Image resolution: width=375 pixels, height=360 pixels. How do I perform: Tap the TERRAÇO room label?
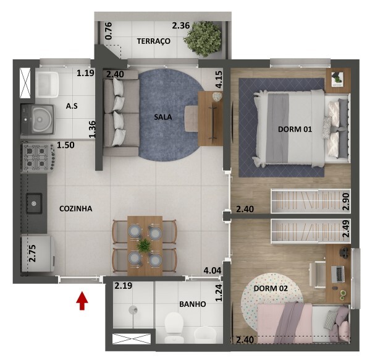[154, 41]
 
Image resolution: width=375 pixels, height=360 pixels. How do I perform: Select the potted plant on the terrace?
[203, 39]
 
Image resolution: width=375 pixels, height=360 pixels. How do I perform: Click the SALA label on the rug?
[163, 117]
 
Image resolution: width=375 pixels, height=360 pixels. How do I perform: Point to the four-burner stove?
[38, 158]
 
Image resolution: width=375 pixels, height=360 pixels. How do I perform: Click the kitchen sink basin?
[34, 204]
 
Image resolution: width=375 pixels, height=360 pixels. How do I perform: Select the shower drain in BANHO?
[133, 310]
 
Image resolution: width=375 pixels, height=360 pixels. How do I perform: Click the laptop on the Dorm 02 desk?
[337, 273]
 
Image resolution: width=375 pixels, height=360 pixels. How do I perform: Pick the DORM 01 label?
[295, 129]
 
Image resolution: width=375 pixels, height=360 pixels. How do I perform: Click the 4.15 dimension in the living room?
[219, 79]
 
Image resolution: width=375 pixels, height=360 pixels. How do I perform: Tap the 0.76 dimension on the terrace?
[108, 31]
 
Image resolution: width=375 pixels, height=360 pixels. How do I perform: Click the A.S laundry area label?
[72, 106]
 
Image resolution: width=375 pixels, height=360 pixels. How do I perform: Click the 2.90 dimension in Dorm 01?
[346, 201]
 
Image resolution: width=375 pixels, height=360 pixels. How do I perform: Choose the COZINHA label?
[75, 209]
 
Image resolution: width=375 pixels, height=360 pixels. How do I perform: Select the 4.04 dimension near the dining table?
[213, 271]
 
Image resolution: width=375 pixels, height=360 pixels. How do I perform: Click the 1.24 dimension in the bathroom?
[219, 292]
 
